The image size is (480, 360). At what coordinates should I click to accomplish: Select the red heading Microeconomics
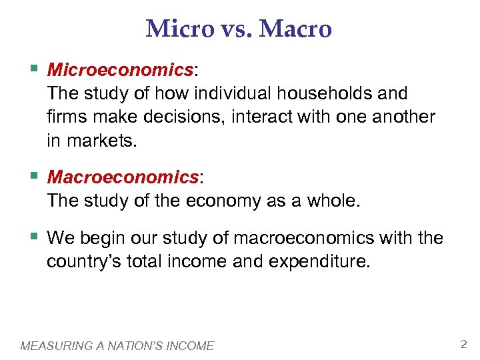pos(119,69)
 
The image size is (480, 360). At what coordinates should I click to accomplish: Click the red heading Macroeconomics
pos(123,177)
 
